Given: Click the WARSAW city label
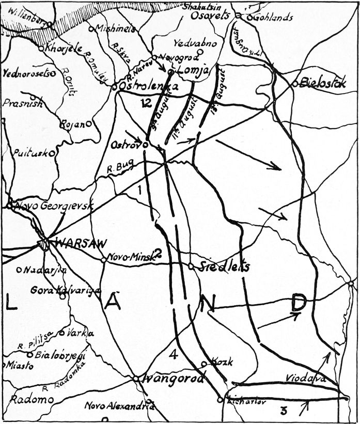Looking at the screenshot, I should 77,243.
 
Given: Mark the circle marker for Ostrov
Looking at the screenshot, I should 146,145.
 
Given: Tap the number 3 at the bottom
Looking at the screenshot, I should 283,411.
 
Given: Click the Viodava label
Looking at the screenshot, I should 306,379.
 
